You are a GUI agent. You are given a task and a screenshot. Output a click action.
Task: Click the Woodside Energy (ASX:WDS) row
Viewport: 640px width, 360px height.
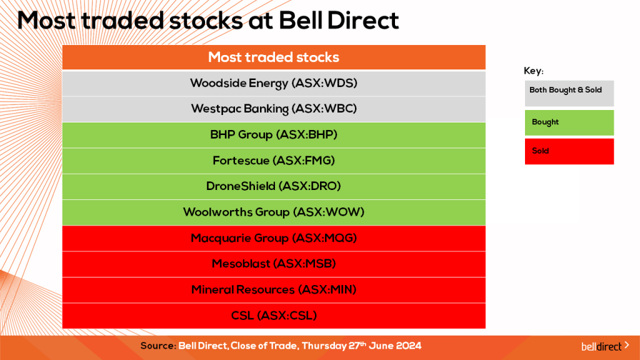click(274, 83)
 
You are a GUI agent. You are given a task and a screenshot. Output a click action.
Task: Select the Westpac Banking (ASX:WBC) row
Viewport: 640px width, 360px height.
click(274, 109)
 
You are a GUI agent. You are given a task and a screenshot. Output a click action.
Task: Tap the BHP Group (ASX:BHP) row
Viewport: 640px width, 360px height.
click(274, 134)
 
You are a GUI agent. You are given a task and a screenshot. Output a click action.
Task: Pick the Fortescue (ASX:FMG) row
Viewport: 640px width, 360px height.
click(274, 161)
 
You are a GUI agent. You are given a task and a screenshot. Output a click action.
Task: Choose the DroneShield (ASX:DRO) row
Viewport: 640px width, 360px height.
click(274, 186)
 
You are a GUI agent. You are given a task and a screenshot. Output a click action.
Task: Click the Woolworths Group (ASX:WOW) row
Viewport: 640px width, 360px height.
click(274, 212)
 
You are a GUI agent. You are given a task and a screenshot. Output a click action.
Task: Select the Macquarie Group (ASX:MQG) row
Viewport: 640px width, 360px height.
click(274, 238)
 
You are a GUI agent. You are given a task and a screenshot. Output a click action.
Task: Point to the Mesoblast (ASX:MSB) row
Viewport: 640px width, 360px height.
click(274, 264)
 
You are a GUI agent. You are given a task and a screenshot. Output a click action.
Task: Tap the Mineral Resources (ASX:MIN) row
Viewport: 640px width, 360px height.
click(274, 289)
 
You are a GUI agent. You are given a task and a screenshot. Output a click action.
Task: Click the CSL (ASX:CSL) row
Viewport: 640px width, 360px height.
click(274, 316)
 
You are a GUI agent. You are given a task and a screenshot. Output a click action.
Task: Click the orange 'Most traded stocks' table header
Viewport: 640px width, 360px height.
click(274, 57)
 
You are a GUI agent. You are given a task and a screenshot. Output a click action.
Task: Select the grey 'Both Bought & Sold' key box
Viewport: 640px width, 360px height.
click(569, 92)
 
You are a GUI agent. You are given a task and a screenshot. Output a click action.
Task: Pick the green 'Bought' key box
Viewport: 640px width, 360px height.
click(569, 122)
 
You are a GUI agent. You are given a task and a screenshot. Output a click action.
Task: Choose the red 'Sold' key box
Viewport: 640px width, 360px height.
click(569, 151)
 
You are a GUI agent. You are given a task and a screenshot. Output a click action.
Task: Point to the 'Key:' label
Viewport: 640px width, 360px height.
click(533, 71)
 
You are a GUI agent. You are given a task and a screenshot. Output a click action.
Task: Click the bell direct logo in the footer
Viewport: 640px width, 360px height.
click(604, 346)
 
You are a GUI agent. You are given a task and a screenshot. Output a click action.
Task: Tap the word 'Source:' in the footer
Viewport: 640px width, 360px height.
click(157, 346)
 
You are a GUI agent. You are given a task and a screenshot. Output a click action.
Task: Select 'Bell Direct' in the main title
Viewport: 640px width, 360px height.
click(339, 21)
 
